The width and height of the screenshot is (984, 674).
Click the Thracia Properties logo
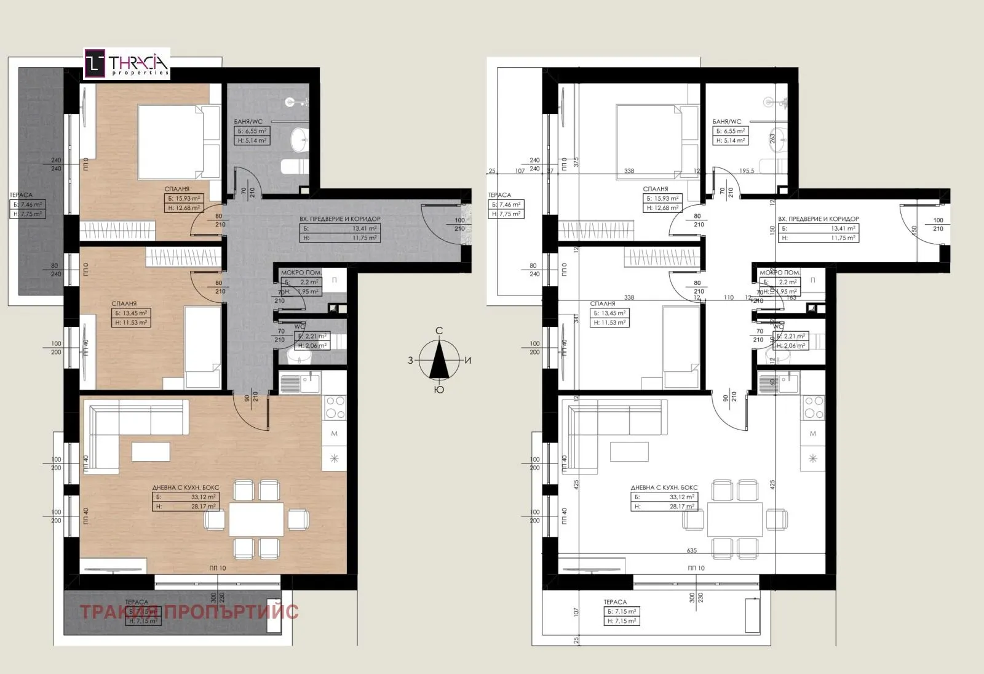coord(127,64)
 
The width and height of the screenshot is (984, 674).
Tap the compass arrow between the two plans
coord(439,360)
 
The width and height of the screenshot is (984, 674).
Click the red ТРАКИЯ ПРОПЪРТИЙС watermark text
coord(189,612)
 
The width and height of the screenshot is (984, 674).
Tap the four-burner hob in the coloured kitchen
coord(335,407)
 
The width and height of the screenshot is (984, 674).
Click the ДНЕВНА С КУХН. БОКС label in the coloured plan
coord(185,487)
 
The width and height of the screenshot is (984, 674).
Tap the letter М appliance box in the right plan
coord(812,434)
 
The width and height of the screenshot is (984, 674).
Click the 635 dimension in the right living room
coord(692,552)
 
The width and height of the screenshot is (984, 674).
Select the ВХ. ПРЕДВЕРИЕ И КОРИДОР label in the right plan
coord(818,219)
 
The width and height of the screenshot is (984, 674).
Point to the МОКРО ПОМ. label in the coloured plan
coord(299,272)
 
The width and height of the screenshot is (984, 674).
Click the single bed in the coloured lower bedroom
coord(202,348)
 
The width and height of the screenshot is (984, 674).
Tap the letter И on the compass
coord(468,361)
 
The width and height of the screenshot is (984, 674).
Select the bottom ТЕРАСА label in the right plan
coord(615,602)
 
